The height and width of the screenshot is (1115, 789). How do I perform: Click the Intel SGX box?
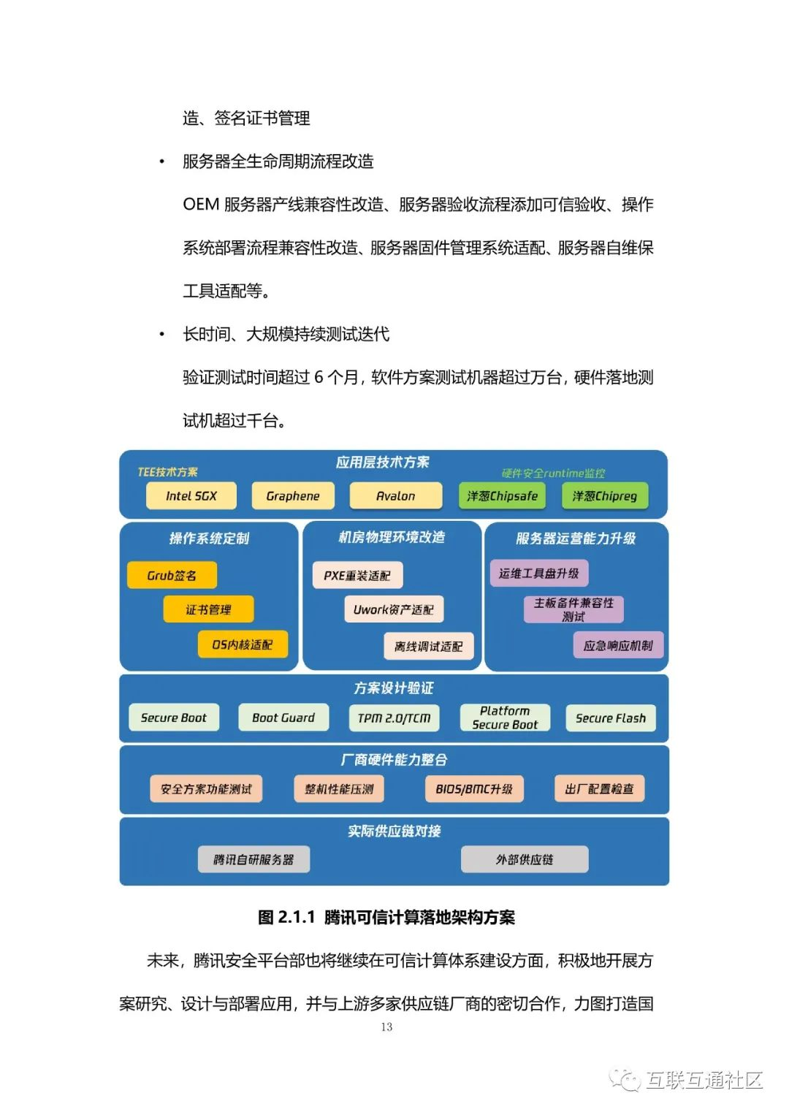(191, 495)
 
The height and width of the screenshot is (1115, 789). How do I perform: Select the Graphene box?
(293, 495)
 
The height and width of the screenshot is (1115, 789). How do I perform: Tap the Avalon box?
(395, 495)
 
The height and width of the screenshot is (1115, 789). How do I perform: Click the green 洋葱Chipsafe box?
(502, 495)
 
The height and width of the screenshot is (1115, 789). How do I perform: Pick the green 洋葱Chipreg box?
(604, 495)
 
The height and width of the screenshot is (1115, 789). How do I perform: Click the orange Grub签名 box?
(172, 575)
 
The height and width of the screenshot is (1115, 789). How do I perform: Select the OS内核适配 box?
(242, 644)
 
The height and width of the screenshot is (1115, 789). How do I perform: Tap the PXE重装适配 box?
(357, 575)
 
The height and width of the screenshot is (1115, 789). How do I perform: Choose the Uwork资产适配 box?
(393, 609)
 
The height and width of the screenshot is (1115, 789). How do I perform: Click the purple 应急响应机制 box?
(618, 645)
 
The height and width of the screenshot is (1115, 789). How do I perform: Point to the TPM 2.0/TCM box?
(394, 718)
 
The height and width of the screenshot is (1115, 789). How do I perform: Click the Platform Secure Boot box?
(505, 718)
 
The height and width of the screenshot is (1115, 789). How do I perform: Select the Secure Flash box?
(611, 718)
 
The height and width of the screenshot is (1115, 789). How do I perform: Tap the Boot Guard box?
(283, 718)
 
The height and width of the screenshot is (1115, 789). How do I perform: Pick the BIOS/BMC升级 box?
(474, 788)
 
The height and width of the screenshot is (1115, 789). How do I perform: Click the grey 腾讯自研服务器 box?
(254, 859)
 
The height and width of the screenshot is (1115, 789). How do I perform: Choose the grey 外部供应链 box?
(525, 859)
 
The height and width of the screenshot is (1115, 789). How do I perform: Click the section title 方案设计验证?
(394, 688)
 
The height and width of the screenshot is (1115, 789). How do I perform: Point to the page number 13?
(386, 1027)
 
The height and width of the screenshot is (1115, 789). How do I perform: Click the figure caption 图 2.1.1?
(386, 917)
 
